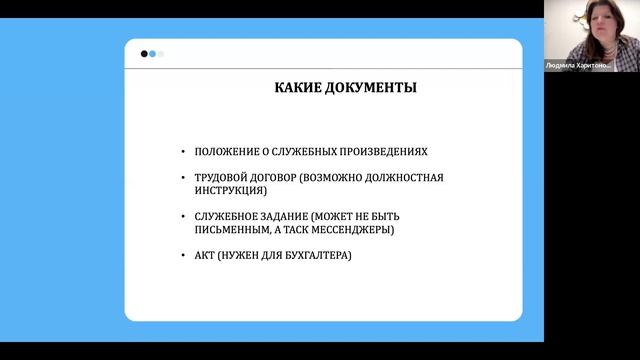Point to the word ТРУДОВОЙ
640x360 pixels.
pyautogui.click(x=220, y=177)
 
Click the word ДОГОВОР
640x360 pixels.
pyautogui.click(x=282, y=177)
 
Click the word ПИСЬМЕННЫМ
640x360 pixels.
pyautogui.click(x=233, y=229)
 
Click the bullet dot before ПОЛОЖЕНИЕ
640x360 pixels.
pyautogui.click(x=183, y=152)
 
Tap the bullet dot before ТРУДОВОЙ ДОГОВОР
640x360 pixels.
pyautogui.click(x=183, y=177)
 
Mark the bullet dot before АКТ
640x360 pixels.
pyautogui.click(x=183, y=255)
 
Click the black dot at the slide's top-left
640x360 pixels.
pyautogui.click(x=145, y=54)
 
